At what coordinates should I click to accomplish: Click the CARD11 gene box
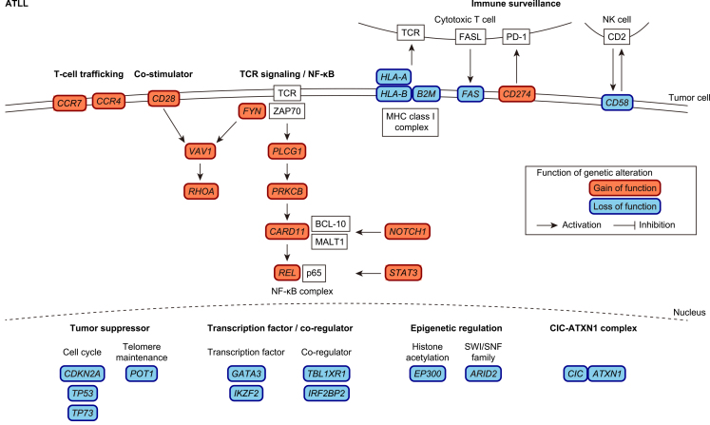coord(287,231)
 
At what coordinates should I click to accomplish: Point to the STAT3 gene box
coord(410,273)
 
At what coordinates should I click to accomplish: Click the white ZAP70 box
coord(287,112)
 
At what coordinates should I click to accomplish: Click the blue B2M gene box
coord(424,94)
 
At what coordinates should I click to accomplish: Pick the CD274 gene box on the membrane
coord(520,94)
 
